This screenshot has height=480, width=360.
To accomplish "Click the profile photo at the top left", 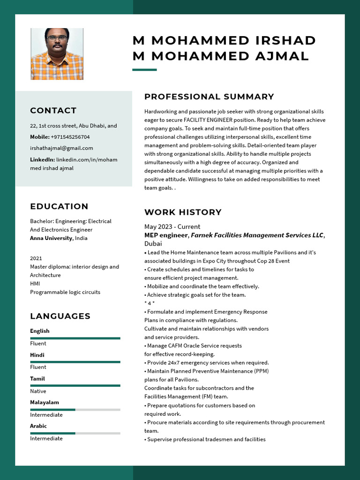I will click(x=57, y=54).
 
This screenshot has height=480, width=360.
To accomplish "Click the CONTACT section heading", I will click(x=53, y=111).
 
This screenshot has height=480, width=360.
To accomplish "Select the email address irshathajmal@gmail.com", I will click(x=61, y=148).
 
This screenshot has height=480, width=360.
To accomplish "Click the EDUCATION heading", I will click(x=59, y=206).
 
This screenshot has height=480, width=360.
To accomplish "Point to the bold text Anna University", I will click(x=51, y=238).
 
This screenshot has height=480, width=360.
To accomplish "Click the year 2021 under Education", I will click(x=36, y=258).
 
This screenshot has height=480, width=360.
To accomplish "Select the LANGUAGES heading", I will click(x=60, y=316).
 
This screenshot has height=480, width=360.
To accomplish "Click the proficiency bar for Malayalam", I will click(x=75, y=410).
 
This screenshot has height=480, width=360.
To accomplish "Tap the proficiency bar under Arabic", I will click(x=75, y=433).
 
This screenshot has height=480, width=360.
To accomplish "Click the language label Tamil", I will click(x=37, y=379).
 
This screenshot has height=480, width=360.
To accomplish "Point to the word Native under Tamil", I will click(x=38, y=391).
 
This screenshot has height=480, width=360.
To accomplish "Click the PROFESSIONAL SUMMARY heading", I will click(x=209, y=97).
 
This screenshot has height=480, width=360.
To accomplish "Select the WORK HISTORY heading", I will click(x=183, y=212).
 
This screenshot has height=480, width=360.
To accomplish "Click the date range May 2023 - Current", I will click(x=172, y=226).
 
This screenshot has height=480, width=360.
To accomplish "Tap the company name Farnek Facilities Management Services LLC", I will click(x=257, y=235).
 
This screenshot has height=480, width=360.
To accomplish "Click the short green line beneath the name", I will click(x=144, y=70).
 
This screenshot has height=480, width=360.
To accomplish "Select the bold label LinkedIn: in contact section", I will click(x=42, y=159).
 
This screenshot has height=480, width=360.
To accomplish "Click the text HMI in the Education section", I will click(x=35, y=284).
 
